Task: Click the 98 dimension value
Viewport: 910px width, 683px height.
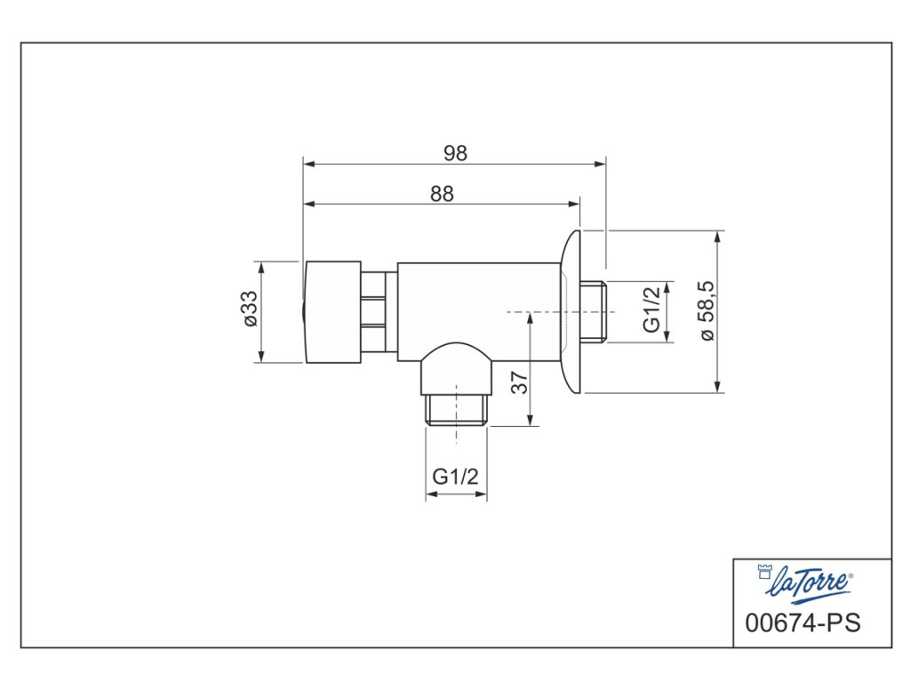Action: point(455,153)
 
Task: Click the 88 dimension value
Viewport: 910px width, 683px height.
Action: point(442,193)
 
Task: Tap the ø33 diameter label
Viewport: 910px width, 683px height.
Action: point(250,309)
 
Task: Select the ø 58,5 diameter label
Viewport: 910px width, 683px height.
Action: point(707,310)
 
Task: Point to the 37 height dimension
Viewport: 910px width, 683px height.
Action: point(520,382)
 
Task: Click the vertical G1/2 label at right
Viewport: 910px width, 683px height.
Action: point(651,310)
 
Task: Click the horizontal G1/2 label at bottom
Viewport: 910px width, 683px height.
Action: point(456,477)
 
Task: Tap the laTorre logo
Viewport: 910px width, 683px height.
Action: point(806,582)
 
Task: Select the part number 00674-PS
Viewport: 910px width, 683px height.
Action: point(802,623)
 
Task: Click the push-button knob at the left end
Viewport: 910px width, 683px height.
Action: point(332,312)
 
